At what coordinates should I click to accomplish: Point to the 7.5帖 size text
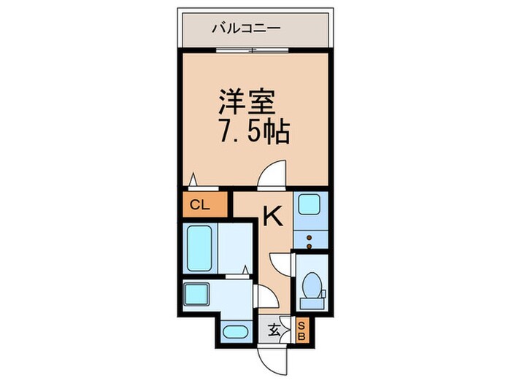(254, 133)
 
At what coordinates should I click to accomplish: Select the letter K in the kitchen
(272, 216)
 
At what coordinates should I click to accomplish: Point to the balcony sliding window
(253, 50)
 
